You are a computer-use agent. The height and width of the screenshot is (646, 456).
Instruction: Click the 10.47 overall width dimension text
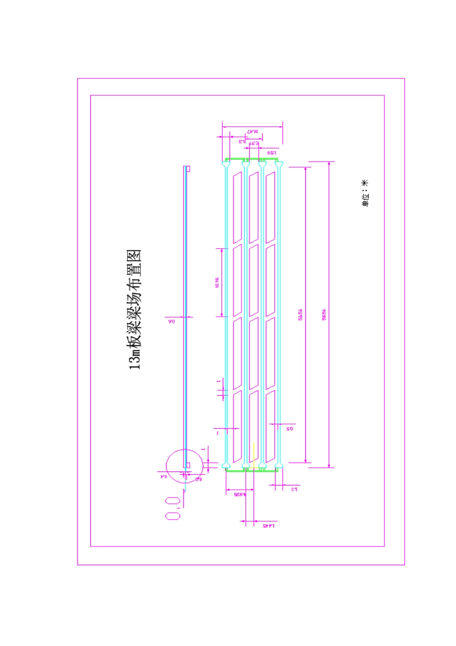point(252,131)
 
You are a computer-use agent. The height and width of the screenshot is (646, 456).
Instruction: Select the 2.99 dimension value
point(254,143)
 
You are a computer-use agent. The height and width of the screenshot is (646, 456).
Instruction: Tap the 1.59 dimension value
point(271,152)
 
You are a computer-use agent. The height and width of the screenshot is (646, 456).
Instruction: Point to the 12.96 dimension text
point(217,283)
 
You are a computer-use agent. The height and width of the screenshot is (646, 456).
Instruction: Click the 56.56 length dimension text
point(300,315)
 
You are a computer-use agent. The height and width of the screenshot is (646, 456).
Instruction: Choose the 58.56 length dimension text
point(324,315)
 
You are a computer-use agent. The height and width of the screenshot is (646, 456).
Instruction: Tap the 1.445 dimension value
point(270,526)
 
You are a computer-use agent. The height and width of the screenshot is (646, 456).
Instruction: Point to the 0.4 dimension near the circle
point(163,476)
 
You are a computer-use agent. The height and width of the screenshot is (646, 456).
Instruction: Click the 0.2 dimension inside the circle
point(197,479)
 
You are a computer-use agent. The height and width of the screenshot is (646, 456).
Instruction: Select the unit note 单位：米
point(365,193)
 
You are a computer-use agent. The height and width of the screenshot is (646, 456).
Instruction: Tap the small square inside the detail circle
point(188,465)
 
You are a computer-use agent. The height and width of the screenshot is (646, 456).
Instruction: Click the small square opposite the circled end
point(188,169)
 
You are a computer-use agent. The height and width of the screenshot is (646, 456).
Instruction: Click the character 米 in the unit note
point(365,183)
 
